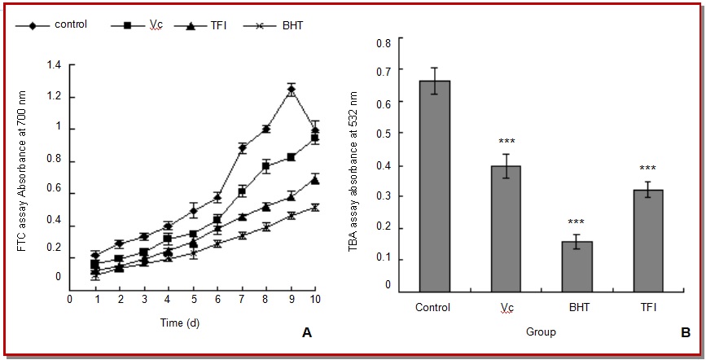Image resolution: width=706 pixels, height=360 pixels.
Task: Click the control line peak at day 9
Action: pyautogui.click(x=291, y=90)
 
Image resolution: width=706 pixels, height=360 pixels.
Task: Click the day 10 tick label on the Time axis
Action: pyautogui.click(x=315, y=300)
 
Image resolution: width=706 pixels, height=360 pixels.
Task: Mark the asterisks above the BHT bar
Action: pyautogui.click(x=577, y=221)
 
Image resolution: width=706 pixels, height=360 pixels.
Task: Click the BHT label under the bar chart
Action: pyautogui.click(x=577, y=308)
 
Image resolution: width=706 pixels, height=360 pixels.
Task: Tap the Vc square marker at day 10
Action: pyautogui.click(x=314, y=138)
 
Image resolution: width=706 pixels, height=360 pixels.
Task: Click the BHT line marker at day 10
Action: pyautogui.click(x=314, y=208)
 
